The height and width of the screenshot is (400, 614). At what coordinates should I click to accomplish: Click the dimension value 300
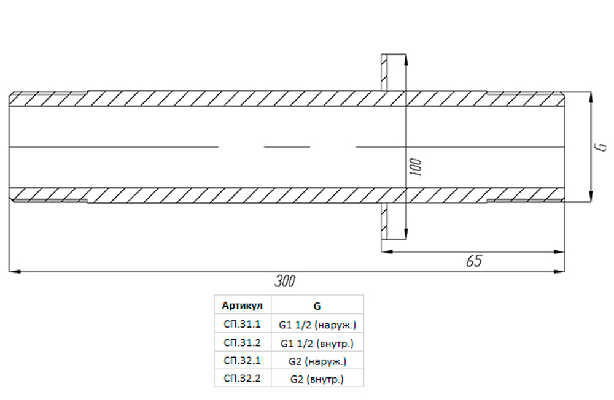pos(285,281)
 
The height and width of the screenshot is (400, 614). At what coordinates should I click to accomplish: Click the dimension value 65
pos(474,261)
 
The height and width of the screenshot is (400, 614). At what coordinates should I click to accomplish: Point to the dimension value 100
pos(416,167)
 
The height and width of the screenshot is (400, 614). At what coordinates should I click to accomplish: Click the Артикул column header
pos(242,306)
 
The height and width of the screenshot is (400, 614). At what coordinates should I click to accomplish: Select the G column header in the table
pos(317,306)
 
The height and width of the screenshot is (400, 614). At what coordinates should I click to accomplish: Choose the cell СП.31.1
pos(242,324)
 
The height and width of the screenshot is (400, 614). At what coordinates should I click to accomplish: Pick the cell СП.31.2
pos(242,342)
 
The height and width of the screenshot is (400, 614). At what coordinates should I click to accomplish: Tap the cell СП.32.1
pos(242,360)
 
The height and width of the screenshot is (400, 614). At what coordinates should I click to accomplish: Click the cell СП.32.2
pos(242,378)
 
